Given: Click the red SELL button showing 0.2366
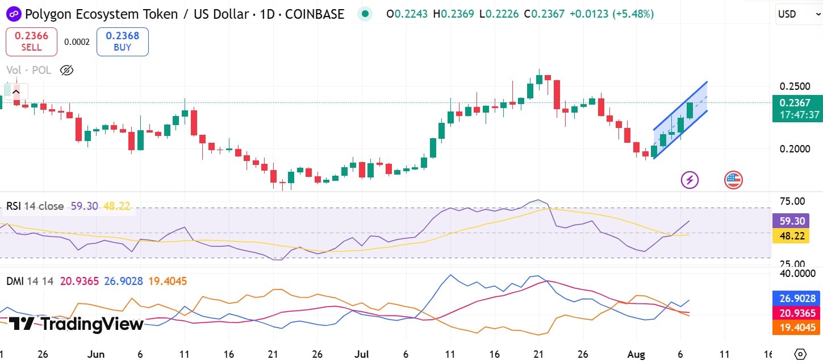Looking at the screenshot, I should [31, 42].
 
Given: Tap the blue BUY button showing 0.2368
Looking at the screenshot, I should [123, 42].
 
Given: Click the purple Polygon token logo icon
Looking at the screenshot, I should [12, 14].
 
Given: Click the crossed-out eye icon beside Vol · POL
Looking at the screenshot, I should [66, 71].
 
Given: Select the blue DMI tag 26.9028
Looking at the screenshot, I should [797, 299].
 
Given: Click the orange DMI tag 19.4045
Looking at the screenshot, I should [797, 328].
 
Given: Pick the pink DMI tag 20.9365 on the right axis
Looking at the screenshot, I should [797, 313].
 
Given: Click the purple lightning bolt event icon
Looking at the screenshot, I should [690, 180].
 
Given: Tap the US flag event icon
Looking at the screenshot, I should [733, 180].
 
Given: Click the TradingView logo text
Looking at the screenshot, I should [77, 324].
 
